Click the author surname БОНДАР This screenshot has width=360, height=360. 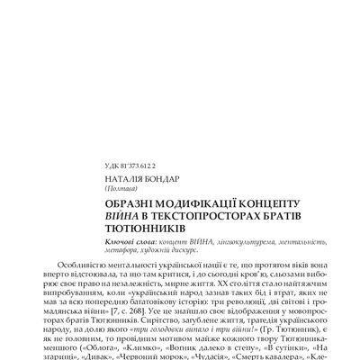tap(160, 179)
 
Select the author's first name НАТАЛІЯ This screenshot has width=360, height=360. tap(122, 179)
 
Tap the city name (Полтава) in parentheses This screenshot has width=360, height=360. tap(122, 188)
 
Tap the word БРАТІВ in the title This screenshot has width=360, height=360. tap(301, 217)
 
